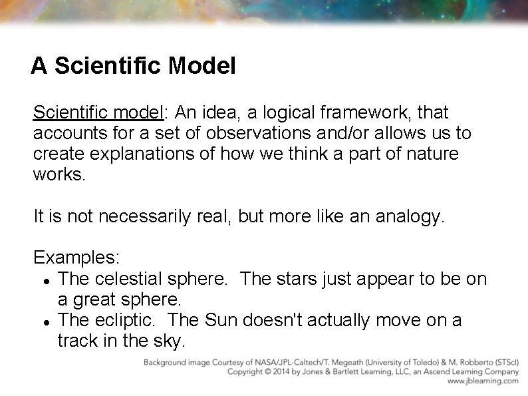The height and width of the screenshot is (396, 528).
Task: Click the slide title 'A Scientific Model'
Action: (133, 66)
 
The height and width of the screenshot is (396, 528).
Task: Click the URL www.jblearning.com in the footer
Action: (482, 381)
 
